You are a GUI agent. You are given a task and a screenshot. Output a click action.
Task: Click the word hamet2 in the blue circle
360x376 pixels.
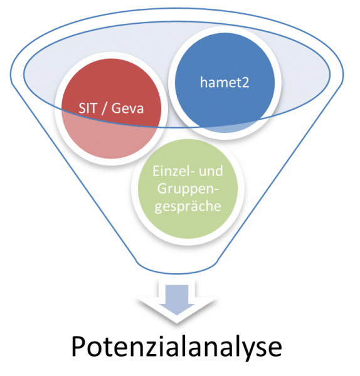click(225, 82)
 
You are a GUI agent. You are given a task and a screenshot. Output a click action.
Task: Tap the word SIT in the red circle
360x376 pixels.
click(88, 108)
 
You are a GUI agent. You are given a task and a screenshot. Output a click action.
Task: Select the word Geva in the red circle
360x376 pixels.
click(127, 108)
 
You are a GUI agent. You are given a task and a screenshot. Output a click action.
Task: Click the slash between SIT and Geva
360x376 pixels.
click(104, 108)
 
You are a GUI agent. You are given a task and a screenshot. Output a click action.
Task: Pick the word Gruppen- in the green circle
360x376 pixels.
click(188, 189)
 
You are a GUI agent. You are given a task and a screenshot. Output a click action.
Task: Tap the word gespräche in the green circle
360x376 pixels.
click(188, 206)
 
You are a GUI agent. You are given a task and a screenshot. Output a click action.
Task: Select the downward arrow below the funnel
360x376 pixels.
click(177, 300)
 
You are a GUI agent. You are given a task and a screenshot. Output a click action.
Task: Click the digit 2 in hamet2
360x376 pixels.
click(245, 83)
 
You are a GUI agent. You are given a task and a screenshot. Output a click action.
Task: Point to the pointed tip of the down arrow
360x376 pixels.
click(177, 315)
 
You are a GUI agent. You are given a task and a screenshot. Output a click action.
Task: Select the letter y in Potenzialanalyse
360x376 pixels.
click(251, 350)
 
